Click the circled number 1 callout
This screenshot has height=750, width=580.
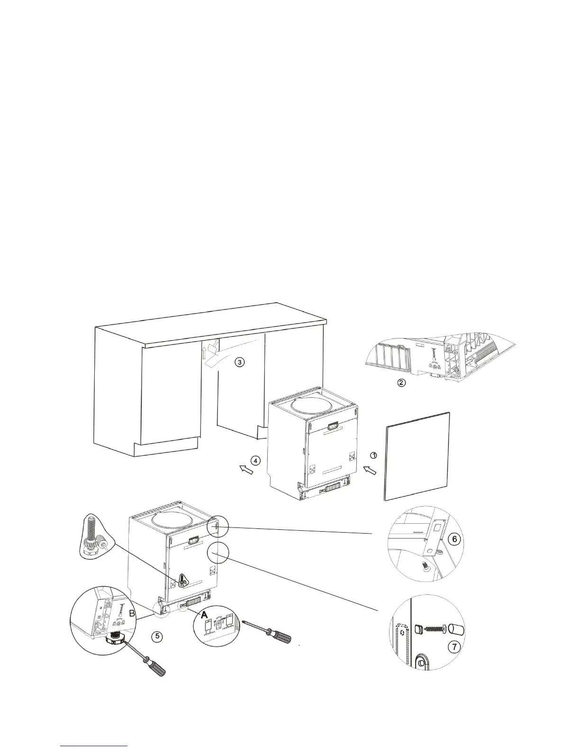click(x=373, y=455)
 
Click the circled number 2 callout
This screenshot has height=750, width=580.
click(x=401, y=383)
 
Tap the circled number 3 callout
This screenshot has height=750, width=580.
click(x=240, y=362)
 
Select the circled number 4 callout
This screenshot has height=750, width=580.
click(x=255, y=460)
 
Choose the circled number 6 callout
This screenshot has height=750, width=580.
click(x=453, y=539)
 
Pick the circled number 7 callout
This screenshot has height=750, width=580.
click(x=453, y=647)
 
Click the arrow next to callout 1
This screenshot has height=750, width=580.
click(x=370, y=470)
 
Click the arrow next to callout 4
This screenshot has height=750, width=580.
click(x=246, y=469)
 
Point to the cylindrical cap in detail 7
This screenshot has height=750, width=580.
click(x=457, y=630)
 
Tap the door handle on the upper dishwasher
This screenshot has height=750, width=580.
click(x=331, y=425)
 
